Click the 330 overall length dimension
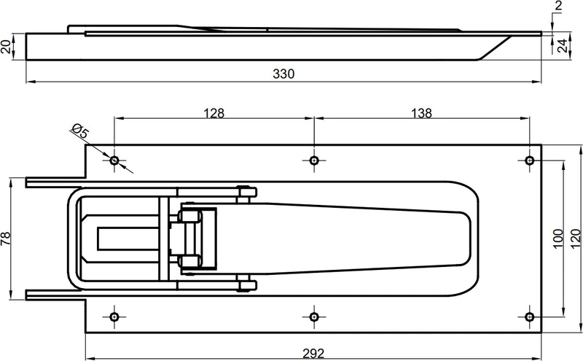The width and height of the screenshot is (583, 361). pyautogui.click(x=283, y=74)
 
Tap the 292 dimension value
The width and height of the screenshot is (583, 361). pyautogui.click(x=313, y=353)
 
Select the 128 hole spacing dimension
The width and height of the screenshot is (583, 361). pyautogui.click(x=214, y=113)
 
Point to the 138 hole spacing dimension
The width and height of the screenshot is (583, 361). pyautogui.click(x=422, y=113)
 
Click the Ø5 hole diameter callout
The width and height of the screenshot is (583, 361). pyautogui.click(x=80, y=131)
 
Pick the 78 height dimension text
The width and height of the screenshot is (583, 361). pyautogui.click(x=6, y=238)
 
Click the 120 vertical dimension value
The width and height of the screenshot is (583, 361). pyautogui.click(x=575, y=239)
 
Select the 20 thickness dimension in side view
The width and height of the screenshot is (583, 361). pyautogui.click(x=6, y=47)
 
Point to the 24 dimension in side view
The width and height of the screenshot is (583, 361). pyautogui.click(x=563, y=46)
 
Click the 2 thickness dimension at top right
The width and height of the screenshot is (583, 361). pyautogui.click(x=558, y=7)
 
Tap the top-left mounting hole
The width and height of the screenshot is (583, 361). pyautogui.click(x=114, y=160)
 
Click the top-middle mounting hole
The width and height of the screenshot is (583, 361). pyautogui.click(x=314, y=160)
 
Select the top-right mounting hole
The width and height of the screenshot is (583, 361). pyautogui.click(x=530, y=160)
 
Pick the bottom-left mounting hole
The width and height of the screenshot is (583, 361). pyautogui.click(x=114, y=317)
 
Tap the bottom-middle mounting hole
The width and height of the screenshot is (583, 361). pyautogui.click(x=314, y=317)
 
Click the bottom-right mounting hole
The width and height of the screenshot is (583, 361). pyautogui.click(x=530, y=317)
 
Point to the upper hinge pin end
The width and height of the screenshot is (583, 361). pyautogui.click(x=247, y=193)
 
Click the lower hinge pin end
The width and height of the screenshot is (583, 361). pyautogui.click(x=247, y=285)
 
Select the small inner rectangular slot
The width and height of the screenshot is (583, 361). pyautogui.click(x=128, y=238)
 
